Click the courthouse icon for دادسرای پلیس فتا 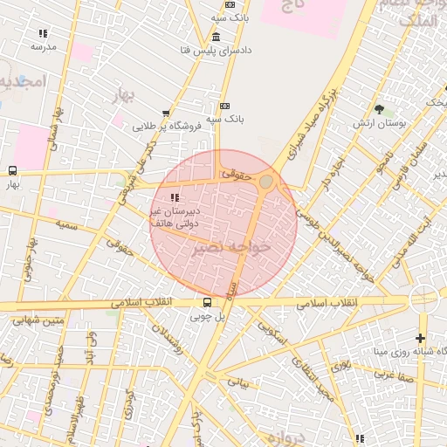pyautogui.click(x=216, y=36)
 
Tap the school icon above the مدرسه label pyautogui.click(x=42, y=33)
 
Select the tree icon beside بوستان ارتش pyautogui.click(x=379, y=109)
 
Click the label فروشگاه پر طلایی pyautogui.click(x=168, y=126)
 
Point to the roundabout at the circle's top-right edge pyautogui.click(x=266, y=181)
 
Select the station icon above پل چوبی pyautogui.click(x=207, y=303)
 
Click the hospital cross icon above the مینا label pyautogui.click(x=421, y=338)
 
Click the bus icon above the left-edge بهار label pyautogui.click(x=12, y=170)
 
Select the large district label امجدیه pyautogui.click(x=19, y=82)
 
